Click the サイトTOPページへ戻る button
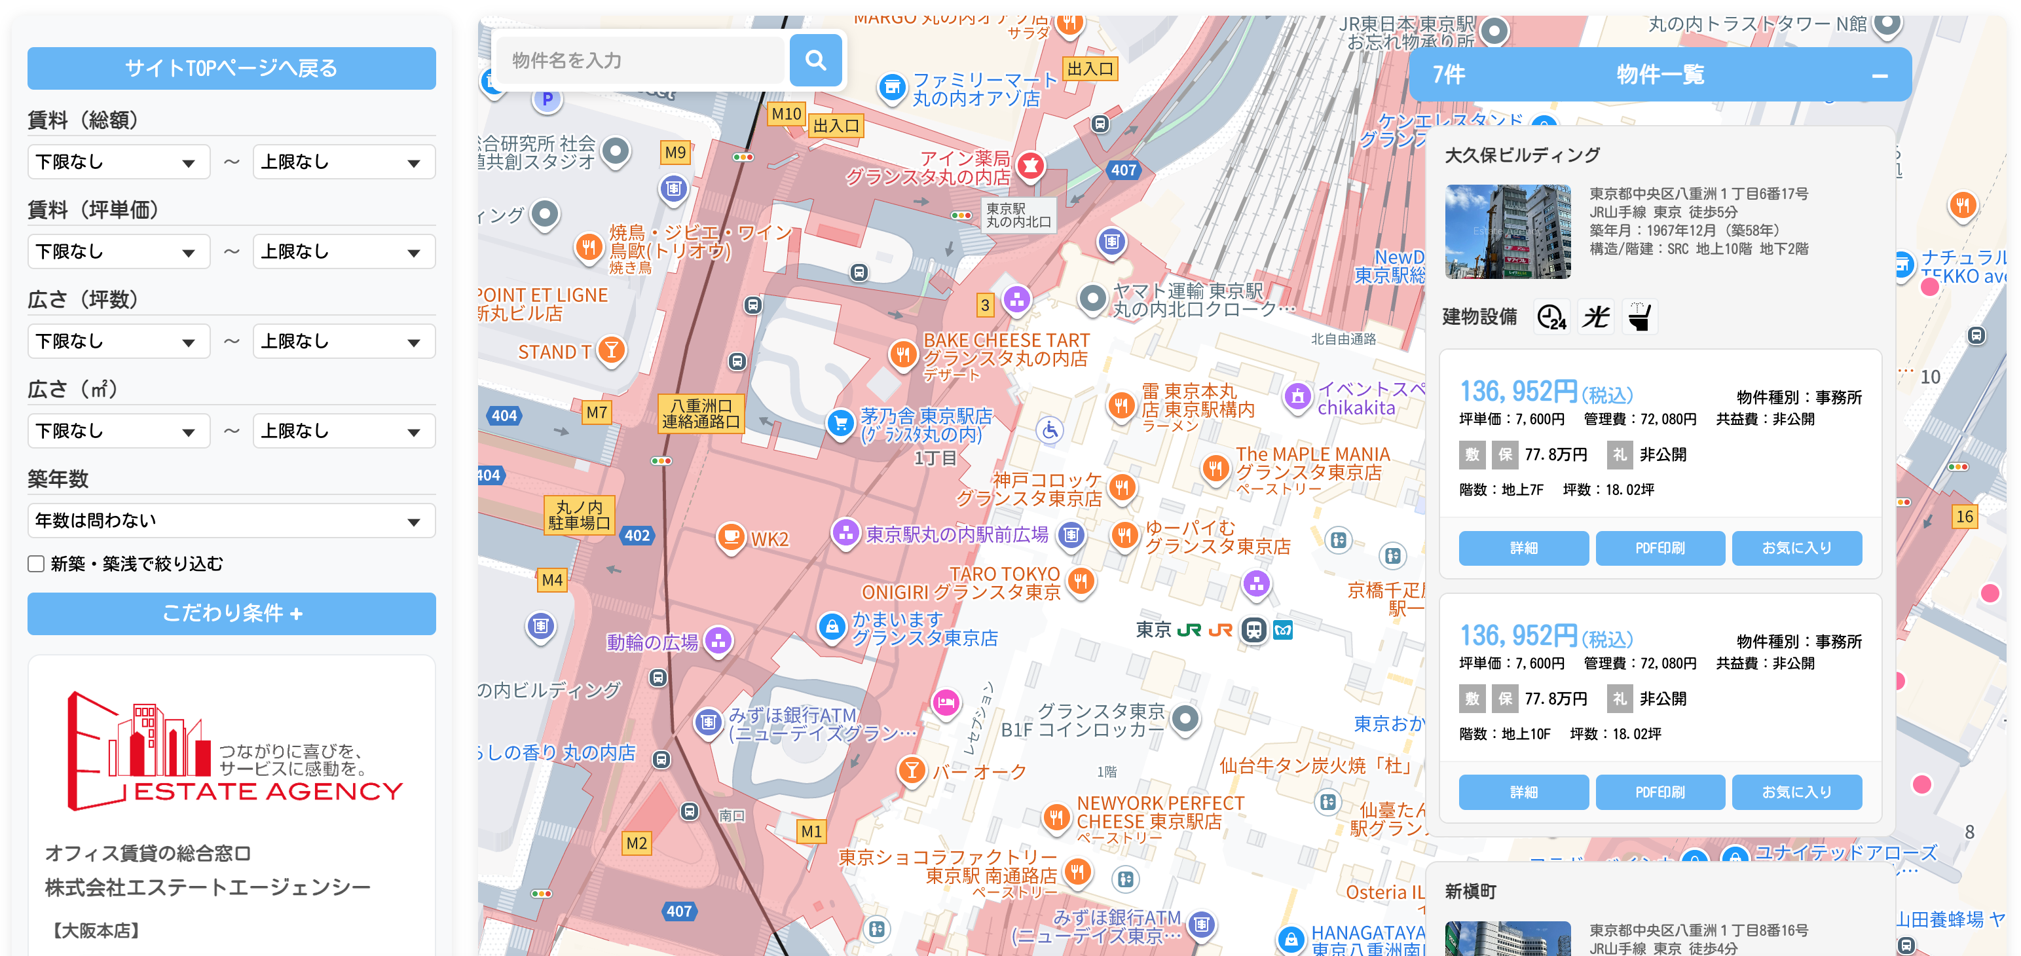(x=231, y=68)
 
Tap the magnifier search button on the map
(x=815, y=60)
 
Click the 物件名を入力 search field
(x=641, y=60)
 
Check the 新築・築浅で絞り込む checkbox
(x=36, y=564)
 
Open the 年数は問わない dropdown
(x=231, y=521)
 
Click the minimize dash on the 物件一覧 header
(x=1879, y=76)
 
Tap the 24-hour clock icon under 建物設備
(x=1551, y=317)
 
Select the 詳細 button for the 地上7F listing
(x=1523, y=547)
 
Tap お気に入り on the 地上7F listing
(x=1796, y=547)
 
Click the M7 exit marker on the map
(x=596, y=412)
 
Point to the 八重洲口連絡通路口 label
(x=701, y=413)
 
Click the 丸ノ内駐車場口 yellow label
(x=579, y=515)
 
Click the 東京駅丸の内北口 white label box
(x=1018, y=215)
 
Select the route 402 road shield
(x=637, y=535)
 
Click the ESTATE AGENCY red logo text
(x=269, y=790)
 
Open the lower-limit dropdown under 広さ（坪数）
(x=119, y=341)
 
